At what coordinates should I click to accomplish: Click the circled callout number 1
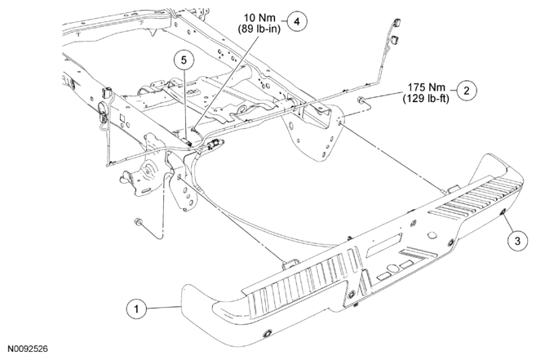[x=137, y=309]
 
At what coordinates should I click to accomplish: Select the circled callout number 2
[x=467, y=91]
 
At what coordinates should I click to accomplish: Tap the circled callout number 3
[x=517, y=241]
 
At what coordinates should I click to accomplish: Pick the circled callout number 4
[x=297, y=21]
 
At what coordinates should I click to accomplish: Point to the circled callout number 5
[x=184, y=60]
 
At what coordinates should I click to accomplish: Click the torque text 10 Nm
[x=259, y=17]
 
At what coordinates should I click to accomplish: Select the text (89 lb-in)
[x=259, y=29]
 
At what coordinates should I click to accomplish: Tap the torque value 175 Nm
[x=426, y=87]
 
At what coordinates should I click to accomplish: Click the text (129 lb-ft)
[x=426, y=98]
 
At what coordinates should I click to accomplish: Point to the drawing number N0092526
[x=28, y=349]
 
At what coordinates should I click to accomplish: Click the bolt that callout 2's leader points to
[x=360, y=100]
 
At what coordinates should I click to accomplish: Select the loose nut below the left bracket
[x=139, y=221]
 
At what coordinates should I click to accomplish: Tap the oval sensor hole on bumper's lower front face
[x=268, y=334]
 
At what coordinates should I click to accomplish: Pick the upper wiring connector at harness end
[x=396, y=23]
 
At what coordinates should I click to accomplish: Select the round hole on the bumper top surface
[x=432, y=236]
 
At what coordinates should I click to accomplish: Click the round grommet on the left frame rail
[x=102, y=107]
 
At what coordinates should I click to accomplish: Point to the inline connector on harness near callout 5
[x=215, y=144]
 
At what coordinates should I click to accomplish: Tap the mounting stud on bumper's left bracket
[x=284, y=264]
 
